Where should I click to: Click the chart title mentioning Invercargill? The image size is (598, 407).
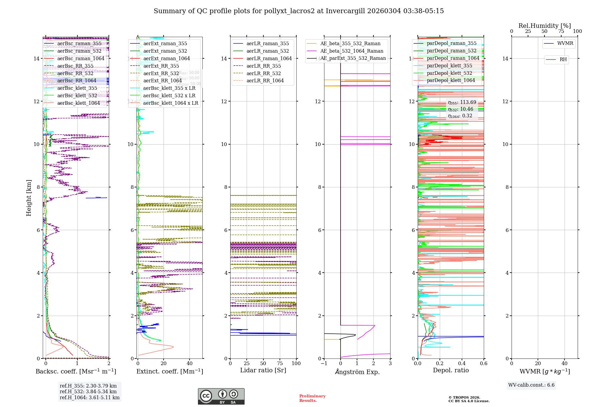[x=298, y=11]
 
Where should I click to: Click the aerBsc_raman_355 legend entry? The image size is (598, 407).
[x=79, y=44]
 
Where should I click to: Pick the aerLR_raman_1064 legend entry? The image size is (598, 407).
[x=269, y=59]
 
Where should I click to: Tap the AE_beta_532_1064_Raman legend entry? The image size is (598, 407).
[x=352, y=51]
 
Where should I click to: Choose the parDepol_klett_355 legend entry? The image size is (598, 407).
[x=449, y=66]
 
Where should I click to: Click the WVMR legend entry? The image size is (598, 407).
[x=565, y=43]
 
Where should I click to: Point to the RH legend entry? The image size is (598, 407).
[x=563, y=60]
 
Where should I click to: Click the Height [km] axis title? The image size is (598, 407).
[x=29, y=198]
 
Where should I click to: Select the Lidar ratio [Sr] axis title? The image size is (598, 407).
[x=263, y=370]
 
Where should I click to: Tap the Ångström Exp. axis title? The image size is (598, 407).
[x=357, y=372]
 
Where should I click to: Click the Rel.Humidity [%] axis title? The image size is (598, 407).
[x=544, y=26]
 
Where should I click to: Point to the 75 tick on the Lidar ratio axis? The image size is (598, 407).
[x=280, y=364]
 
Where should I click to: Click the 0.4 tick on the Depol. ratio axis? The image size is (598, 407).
[x=462, y=364]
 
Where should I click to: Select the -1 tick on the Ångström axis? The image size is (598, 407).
[x=324, y=364]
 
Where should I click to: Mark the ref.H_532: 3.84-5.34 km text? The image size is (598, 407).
[x=88, y=392]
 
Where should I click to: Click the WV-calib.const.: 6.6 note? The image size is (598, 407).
[x=531, y=385]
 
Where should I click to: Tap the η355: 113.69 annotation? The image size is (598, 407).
[x=462, y=102]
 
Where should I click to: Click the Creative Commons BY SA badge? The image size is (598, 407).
[x=221, y=397]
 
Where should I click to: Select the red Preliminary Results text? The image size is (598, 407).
[x=312, y=398]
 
